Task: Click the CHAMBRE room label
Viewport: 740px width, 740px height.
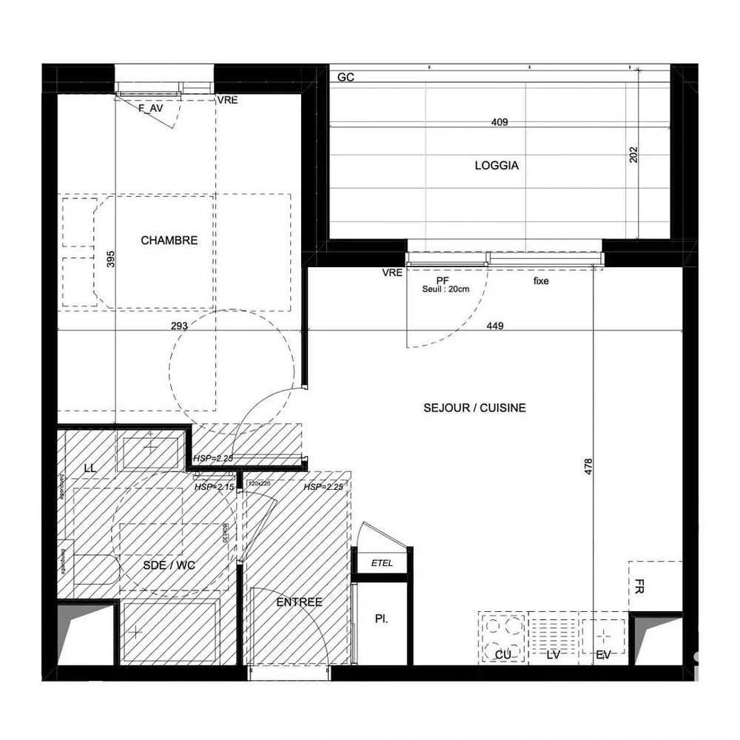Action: point(169,240)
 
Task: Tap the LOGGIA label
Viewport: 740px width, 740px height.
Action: point(497,166)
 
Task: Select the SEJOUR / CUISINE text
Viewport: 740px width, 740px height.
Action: point(474,408)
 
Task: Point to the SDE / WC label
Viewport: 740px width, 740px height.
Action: point(169,565)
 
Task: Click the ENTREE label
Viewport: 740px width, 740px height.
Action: point(299,602)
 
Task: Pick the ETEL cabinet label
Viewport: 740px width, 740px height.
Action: point(382,564)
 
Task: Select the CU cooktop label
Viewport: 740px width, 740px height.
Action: point(504,656)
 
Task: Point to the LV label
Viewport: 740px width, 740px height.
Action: point(554,656)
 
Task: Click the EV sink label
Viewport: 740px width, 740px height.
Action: point(603,656)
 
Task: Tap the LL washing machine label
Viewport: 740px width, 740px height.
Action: point(90,468)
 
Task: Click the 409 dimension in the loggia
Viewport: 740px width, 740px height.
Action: point(499,123)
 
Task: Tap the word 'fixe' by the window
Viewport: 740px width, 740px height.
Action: point(541,281)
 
